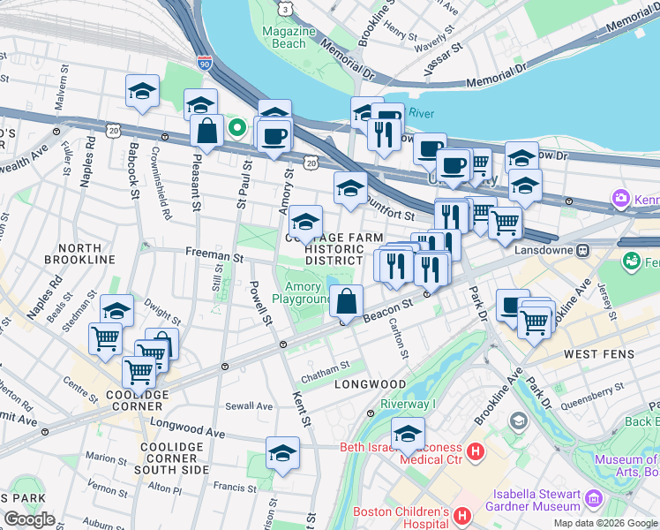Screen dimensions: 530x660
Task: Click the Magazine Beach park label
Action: coord(289,37)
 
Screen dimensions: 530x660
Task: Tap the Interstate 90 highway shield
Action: coord(206,64)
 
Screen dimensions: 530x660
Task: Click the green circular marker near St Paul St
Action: coord(236,127)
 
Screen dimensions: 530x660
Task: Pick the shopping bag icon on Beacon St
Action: coord(347,301)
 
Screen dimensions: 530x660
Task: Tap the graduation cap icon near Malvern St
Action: coord(141,91)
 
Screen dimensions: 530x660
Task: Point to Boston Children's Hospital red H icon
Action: coord(461,515)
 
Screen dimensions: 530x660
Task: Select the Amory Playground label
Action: coord(302,292)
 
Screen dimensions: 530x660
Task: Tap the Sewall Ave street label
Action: coord(249,406)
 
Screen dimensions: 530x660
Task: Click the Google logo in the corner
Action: coord(29,519)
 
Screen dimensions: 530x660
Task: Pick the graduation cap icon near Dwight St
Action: coord(116,310)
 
